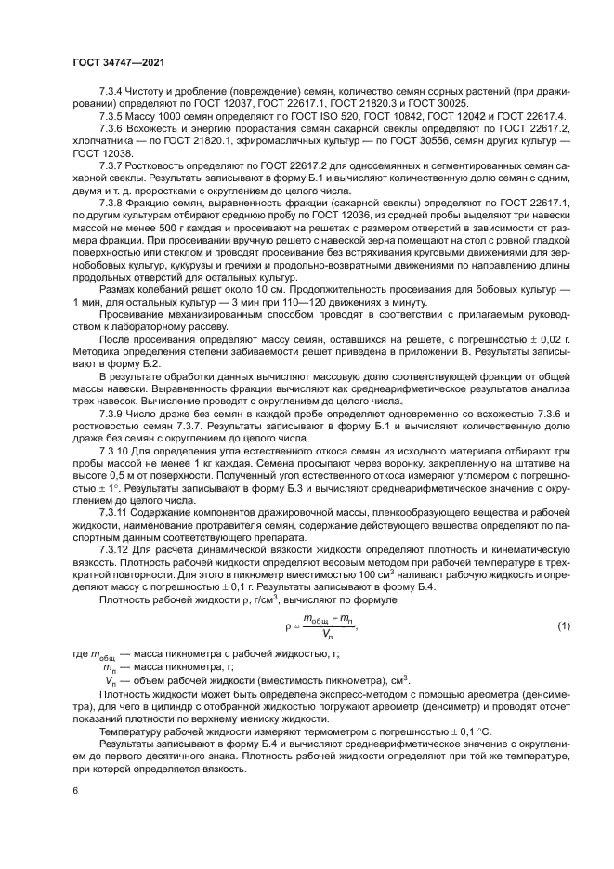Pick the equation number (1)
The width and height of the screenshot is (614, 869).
click(536, 626)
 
